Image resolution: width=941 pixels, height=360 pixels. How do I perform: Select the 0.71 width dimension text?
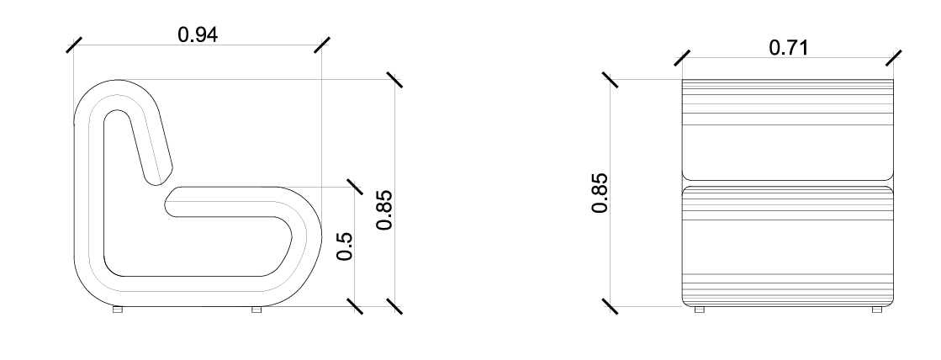pos(788,48)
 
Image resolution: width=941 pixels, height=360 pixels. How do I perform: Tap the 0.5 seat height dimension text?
pos(343,246)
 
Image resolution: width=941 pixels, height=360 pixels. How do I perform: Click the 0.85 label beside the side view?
pos(384,209)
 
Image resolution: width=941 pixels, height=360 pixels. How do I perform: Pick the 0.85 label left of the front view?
pos(600,193)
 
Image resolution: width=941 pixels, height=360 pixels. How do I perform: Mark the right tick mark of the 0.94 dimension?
pos(321,45)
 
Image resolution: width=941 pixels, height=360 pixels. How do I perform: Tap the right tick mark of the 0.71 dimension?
pos(894,58)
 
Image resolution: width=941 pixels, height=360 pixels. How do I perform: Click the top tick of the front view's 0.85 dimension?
pos(611,79)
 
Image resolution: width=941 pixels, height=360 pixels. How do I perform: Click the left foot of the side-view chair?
pos(118,310)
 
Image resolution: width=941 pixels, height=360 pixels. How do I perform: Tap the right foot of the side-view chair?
pos(256,310)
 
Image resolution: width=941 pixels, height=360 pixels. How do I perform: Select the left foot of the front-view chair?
pos(699,310)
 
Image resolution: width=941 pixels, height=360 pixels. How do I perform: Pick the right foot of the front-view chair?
pos(877,310)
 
